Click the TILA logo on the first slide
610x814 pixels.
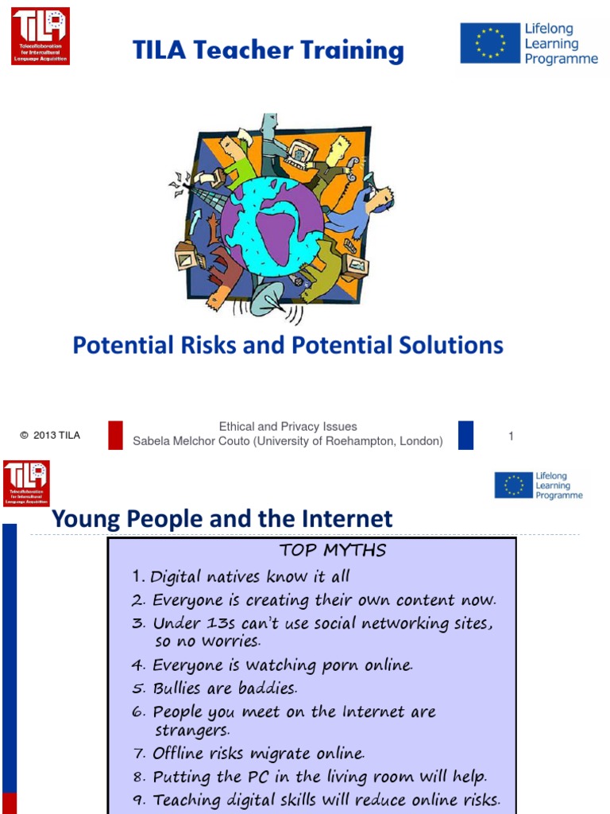click(x=40, y=36)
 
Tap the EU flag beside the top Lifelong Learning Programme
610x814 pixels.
click(x=490, y=43)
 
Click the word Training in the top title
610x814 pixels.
click(x=349, y=51)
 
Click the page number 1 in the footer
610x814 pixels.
click(x=512, y=436)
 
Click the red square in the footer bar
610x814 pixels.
click(x=115, y=435)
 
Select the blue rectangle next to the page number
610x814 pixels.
click(x=465, y=435)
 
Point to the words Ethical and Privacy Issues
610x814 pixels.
click(x=288, y=427)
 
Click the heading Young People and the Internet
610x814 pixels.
click(x=222, y=519)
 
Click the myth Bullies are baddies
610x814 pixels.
click(x=225, y=688)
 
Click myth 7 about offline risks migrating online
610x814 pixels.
click(x=258, y=753)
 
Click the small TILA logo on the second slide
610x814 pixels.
click(x=26, y=483)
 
